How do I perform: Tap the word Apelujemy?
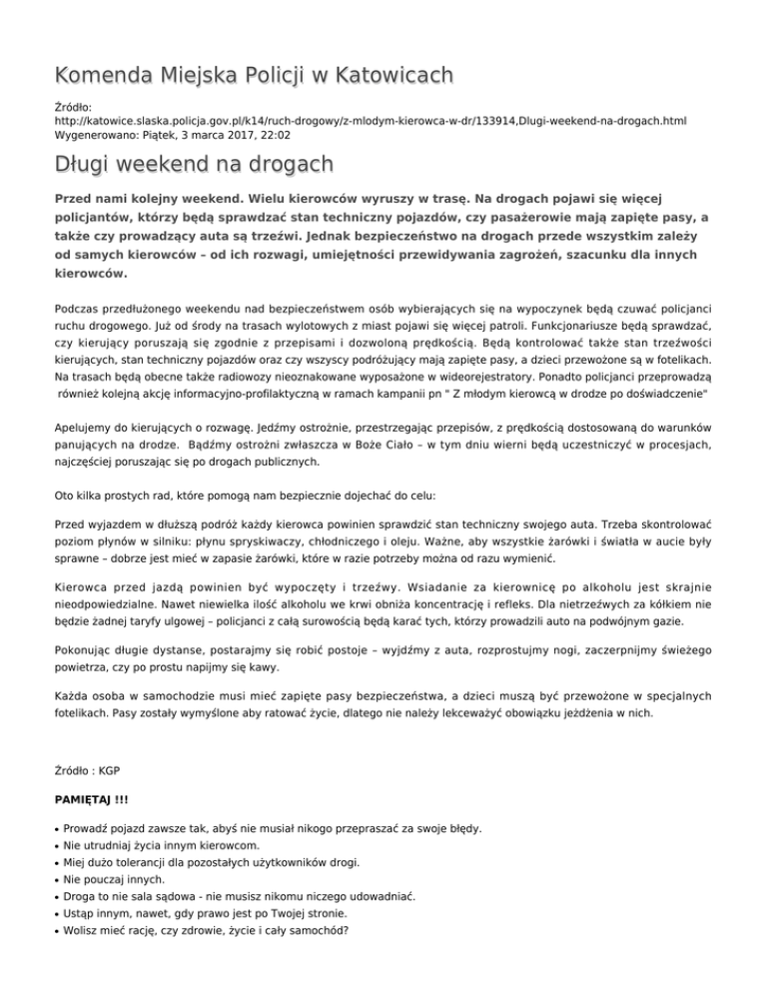[x=88, y=395]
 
